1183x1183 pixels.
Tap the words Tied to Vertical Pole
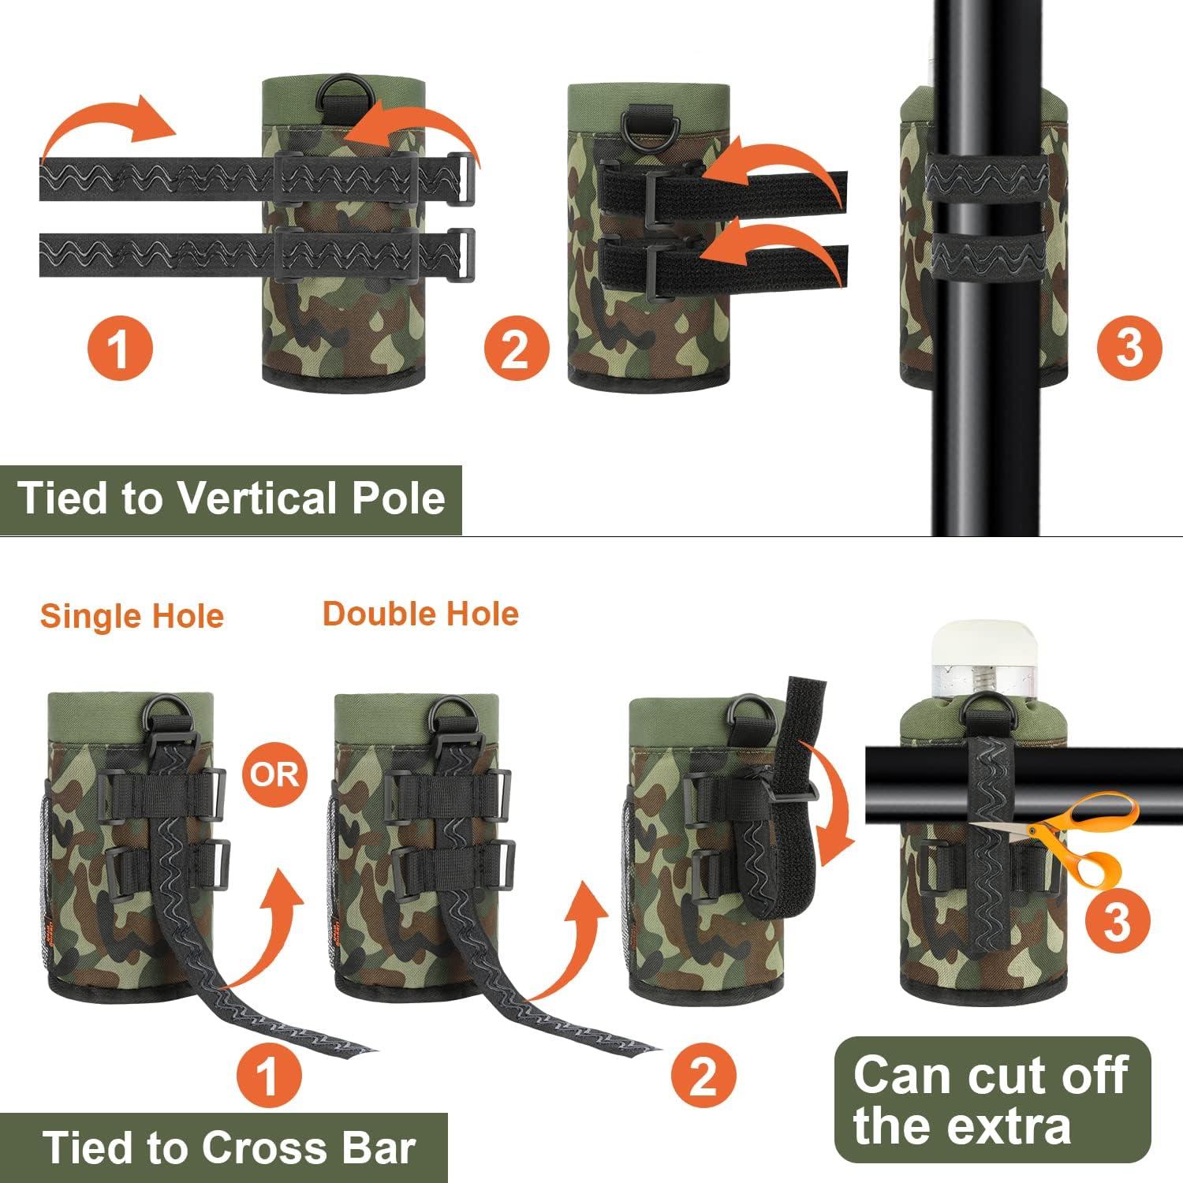[231, 498]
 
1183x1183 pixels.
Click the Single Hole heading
[132, 616]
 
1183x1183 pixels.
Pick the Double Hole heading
[420, 614]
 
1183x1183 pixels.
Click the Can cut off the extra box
[992, 1099]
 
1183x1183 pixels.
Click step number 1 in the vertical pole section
[118, 347]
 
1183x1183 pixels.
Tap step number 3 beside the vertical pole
[1129, 347]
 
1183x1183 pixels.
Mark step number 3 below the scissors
[1117, 921]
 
